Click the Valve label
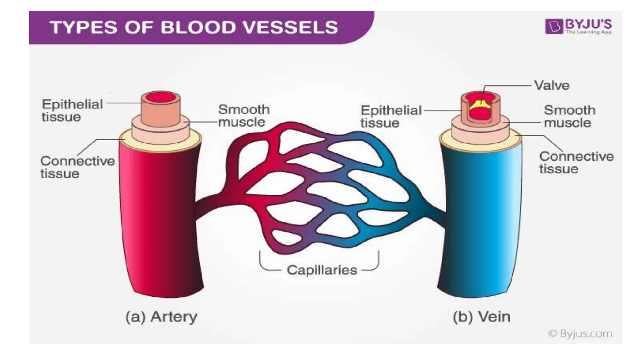click(x=552, y=85)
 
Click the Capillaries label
click(x=322, y=270)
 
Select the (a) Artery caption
click(x=161, y=317)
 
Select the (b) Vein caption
click(x=481, y=317)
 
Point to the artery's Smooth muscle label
click(x=243, y=116)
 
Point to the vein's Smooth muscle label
click(x=569, y=116)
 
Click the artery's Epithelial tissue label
click(x=72, y=110)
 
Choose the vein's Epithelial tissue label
click(x=391, y=116)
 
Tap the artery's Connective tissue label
click(x=77, y=167)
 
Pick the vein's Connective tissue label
click(x=576, y=162)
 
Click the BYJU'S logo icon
click(x=555, y=26)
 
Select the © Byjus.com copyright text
click(x=580, y=334)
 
